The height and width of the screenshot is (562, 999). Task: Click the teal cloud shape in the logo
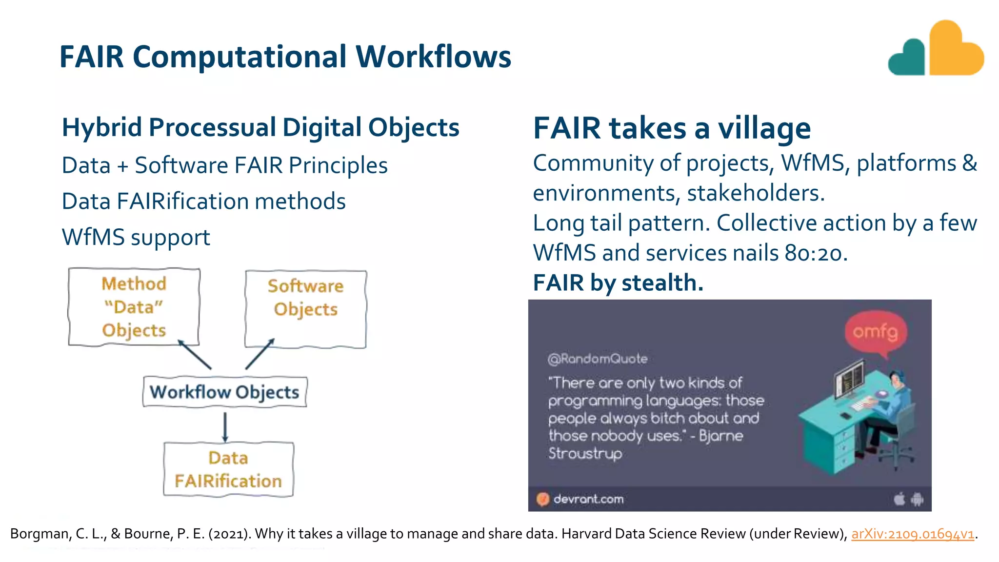(x=908, y=60)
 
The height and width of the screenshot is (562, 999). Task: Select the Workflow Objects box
(x=224, y=392)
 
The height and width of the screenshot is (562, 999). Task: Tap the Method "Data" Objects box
(x=134, y=307)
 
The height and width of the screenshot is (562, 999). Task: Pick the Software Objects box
(x=305, y=308)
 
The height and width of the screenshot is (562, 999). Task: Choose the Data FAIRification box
(x=228, y=469)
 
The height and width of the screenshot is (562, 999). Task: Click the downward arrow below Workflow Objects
(x=225, y=426)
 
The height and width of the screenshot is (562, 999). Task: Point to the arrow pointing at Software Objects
(x=260, y=354)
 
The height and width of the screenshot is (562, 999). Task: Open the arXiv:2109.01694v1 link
(x=913, y=534)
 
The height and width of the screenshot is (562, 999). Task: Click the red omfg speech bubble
(x=876, y=332)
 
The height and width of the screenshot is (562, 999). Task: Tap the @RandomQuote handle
(x=598, y=359)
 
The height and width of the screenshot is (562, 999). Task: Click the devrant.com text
(x=588, y=499)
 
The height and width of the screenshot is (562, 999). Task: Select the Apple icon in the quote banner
(x=899, y=499)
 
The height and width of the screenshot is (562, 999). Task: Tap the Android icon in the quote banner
(x=917, y=499)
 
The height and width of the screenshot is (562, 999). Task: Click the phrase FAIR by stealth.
(x=618, y=283)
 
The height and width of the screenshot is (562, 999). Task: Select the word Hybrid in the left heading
(x=102, y=128)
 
